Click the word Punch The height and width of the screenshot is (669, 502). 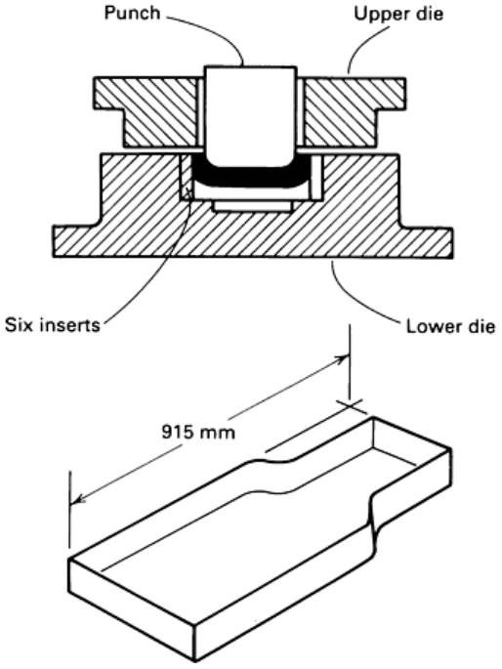point(132,13)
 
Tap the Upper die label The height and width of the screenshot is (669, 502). point(398,14)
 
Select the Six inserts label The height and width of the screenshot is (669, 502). point(53,324)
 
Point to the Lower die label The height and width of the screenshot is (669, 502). point(450,326)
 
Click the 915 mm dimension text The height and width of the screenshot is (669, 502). point(198,433)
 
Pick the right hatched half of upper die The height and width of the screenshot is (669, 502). point(354,111)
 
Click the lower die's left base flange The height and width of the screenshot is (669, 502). point(74,241)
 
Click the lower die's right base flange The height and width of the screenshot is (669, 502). point(427,242)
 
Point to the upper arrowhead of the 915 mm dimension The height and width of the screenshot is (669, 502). point(341,358)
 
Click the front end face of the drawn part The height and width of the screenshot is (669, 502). point(133,613)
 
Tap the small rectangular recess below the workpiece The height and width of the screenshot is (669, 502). point(253,206)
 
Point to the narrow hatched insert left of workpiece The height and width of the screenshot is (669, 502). point(187,177)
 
